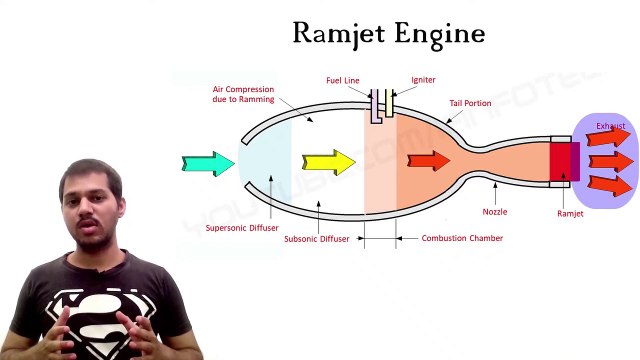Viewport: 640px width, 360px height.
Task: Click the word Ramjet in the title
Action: (x=338, y=33)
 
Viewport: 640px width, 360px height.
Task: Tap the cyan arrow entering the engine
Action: (x=208, y=163)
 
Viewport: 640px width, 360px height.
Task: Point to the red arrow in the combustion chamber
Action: (x=429, y=161)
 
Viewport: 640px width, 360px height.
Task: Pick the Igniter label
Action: (x=423, y=80)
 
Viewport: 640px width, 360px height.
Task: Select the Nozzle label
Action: (x=495, y=212)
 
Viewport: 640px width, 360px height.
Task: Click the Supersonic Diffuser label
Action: (x=242, y=227)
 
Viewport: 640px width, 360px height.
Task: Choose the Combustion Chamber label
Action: (x=462, y=238)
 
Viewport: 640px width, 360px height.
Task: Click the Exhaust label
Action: (x=610, y=126)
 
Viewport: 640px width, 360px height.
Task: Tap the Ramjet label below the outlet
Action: (x=570, y=213)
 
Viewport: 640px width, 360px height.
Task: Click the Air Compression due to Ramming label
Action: (x=244, y=94)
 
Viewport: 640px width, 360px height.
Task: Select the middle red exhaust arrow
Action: (x=610, y=161)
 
